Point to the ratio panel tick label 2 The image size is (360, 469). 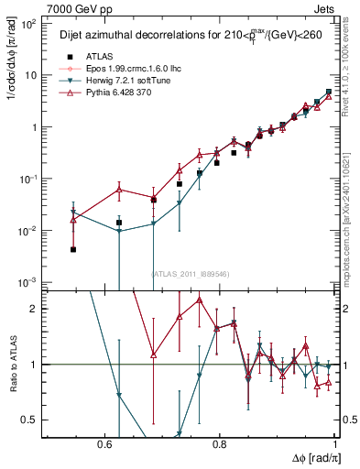tap(33, 309)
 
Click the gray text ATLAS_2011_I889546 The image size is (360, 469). tap(188, 273)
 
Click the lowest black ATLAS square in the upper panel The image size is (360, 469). tap(73, 249)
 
